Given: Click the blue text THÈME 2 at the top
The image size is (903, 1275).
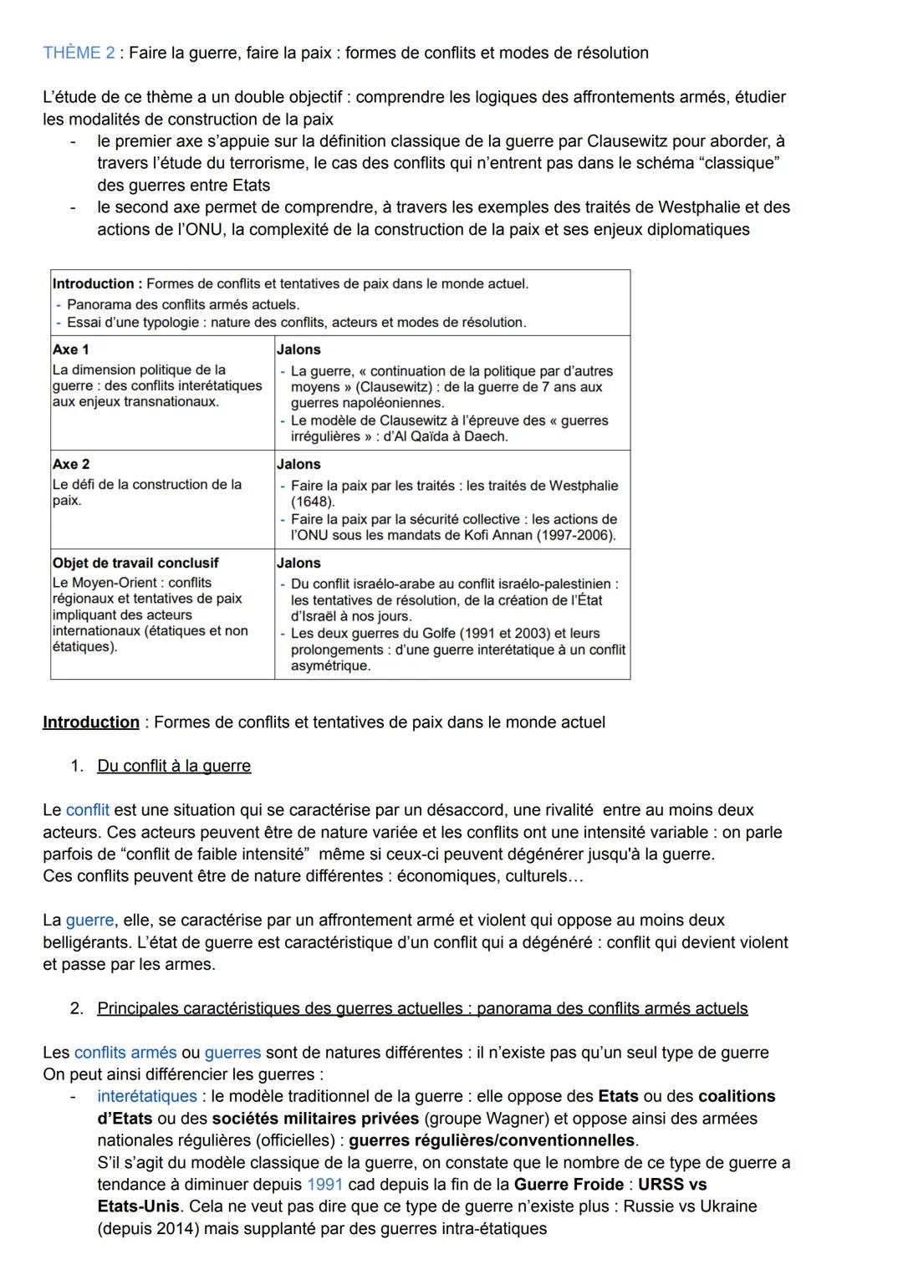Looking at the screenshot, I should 79,53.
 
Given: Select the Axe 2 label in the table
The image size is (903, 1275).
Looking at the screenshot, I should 70,464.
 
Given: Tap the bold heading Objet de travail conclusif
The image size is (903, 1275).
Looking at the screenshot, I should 135,563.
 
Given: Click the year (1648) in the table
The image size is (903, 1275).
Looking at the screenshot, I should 313,502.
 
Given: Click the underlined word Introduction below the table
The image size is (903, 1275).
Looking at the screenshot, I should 91,722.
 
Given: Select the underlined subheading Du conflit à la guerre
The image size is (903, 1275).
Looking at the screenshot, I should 174,766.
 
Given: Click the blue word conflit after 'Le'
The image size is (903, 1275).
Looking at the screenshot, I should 87,810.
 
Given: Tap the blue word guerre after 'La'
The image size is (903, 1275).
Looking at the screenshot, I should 89,920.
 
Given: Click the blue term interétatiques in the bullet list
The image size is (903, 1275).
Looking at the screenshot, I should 146,1096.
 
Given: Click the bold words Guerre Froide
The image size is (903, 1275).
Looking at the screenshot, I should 569,1184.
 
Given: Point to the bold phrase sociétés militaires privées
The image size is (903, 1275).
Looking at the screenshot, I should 315,1119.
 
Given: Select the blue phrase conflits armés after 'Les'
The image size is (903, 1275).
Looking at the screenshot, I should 125,1052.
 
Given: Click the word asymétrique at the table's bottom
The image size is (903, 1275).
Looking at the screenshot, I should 329,666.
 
